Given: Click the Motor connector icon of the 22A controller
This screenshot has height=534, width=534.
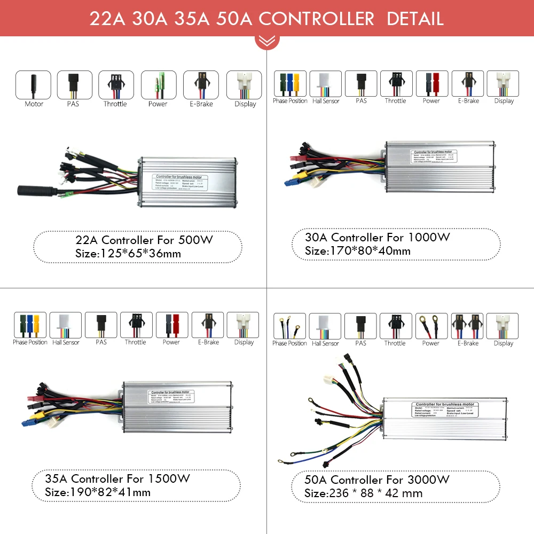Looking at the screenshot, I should click(x=33, y=84).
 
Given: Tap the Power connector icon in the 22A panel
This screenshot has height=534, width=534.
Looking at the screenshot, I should click(x=158, y=84).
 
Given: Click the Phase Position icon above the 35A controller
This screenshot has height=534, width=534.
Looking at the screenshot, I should click(x=30, y=325).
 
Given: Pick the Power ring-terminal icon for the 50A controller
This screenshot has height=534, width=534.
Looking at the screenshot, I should click(x=431, y=326).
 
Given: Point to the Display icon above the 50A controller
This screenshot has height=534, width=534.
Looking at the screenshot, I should click(x=503, y=326).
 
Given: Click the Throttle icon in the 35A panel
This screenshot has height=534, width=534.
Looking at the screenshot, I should click(x=136, y=325).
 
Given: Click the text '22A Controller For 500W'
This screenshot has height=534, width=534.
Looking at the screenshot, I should click(x=144, y=240).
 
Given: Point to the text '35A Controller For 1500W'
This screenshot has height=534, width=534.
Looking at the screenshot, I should click(x=130, y=478).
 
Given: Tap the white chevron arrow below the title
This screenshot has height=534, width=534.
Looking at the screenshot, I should click(x=266, y=41).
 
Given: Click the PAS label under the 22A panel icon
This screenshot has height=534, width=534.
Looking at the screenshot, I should click(x=73, y=104).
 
